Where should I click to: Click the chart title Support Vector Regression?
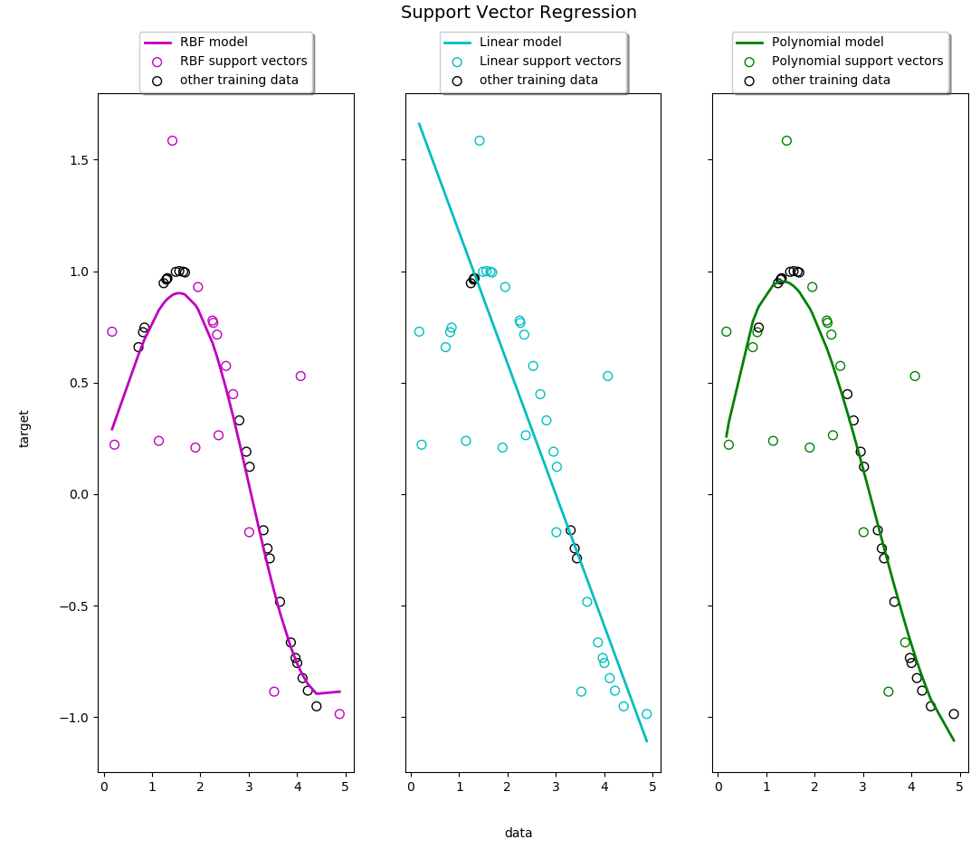pos(519,13)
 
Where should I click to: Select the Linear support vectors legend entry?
pos(550,62)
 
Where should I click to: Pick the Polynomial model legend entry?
pos(827,43)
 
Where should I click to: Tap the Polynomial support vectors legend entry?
pos(857,62)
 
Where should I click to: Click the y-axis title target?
pos(24,428)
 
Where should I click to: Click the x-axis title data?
pos(519,833)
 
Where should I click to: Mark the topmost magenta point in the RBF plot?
pos(172,141)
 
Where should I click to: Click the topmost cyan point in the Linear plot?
pos(480,141)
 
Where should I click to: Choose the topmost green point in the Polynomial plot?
pos(786,141)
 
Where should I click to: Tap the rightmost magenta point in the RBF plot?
pos(339,714)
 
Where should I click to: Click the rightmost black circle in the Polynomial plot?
pos(954,714)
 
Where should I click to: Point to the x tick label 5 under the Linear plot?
pos(652,787)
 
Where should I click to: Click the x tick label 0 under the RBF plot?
pos(104,787)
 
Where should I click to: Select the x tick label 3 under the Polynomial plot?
pos(863,787)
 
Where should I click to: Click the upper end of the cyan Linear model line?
pos(419,124)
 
